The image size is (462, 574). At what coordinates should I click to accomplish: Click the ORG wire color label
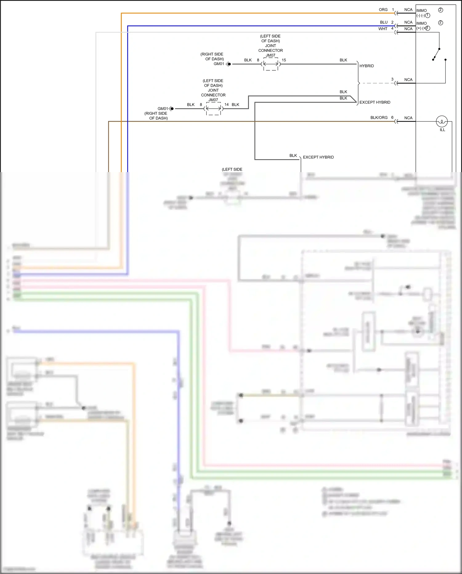click(x=383, y=10)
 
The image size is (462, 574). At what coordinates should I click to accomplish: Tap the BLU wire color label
click(x=383, y=23)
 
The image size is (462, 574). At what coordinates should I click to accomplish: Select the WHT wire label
click(x=383, y=29)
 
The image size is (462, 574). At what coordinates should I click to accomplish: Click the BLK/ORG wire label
click(x=379, y=118)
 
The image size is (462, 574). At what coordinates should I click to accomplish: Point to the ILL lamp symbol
click(x=442, y=122)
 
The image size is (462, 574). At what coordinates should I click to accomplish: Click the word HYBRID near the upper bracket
click(x=367, y=66)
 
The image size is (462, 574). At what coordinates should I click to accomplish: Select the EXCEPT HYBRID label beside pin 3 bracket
click(x=375, y=102)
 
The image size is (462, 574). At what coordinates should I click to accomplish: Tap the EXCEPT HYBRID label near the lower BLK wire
click(x=318, y=157)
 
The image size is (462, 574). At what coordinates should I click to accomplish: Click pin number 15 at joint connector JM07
click(x=284, y=60)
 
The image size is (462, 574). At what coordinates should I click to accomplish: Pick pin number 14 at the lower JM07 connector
click(x=226, y=105)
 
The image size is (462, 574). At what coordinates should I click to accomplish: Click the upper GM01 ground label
click(x=219, y=64)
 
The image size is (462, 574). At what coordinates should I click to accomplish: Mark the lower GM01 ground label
click(x=163, y=109)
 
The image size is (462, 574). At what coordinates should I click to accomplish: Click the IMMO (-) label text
click(x=421, y=13)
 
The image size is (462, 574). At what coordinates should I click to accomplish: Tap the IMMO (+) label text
click(x=421, y=26)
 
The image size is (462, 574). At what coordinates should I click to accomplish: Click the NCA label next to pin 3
click(x=408, y=80)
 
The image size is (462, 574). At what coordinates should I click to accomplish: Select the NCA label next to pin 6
click(x=408, y=118)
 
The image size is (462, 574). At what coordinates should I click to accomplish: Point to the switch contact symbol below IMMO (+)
click(x=436, y=54)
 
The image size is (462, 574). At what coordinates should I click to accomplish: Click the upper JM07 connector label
click(x=270, y=56)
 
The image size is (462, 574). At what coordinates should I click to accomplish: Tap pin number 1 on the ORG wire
click(x=393, y=10)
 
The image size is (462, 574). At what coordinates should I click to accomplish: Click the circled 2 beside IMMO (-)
click(x=440, y=10)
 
